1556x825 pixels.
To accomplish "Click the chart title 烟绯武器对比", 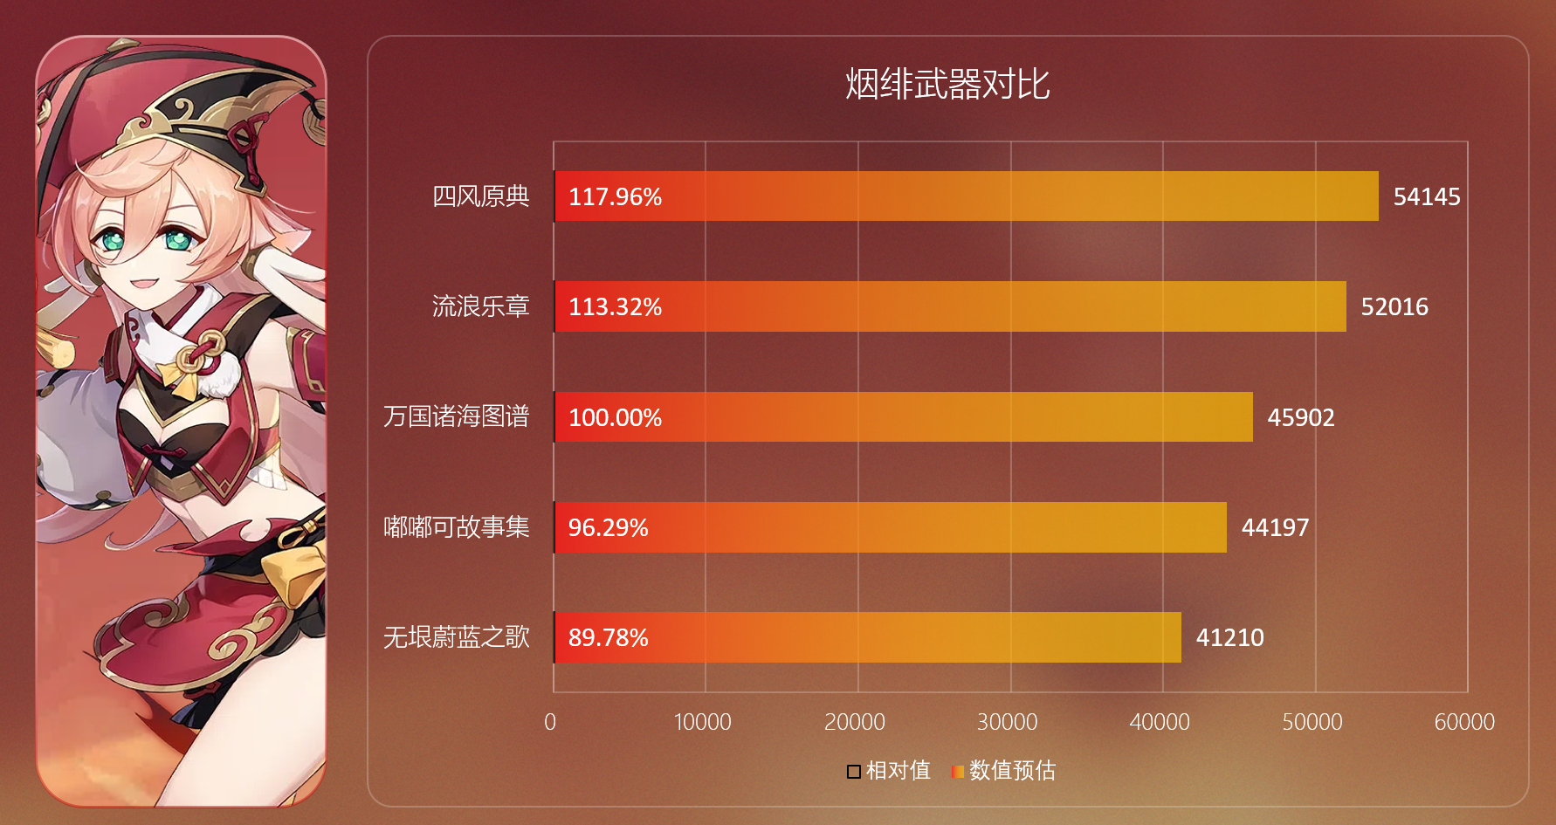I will point(947,85).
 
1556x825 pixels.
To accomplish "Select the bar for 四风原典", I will point(966,196).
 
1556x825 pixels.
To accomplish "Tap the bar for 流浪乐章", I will point(950,306).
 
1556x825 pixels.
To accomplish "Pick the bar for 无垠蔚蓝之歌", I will point(867,637).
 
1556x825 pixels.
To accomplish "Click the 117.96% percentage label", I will point(615,197).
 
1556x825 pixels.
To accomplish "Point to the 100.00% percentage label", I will point(615,417).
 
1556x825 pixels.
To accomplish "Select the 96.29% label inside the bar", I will point(608,527).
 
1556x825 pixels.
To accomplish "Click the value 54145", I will point(1426,197).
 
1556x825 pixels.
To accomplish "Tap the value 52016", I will point(1394,307).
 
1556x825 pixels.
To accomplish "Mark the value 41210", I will point(1229,638).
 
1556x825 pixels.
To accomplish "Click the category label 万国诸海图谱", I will point(456,416).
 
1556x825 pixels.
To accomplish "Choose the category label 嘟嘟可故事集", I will point(456,526).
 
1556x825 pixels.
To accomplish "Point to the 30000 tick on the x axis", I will point(1007,722).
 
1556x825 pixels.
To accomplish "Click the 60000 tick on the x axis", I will point(1464,722).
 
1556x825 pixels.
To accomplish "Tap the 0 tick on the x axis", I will point(550,722).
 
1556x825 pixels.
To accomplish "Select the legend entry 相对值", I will point(889,770).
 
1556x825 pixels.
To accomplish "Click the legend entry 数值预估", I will point(1004,770).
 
